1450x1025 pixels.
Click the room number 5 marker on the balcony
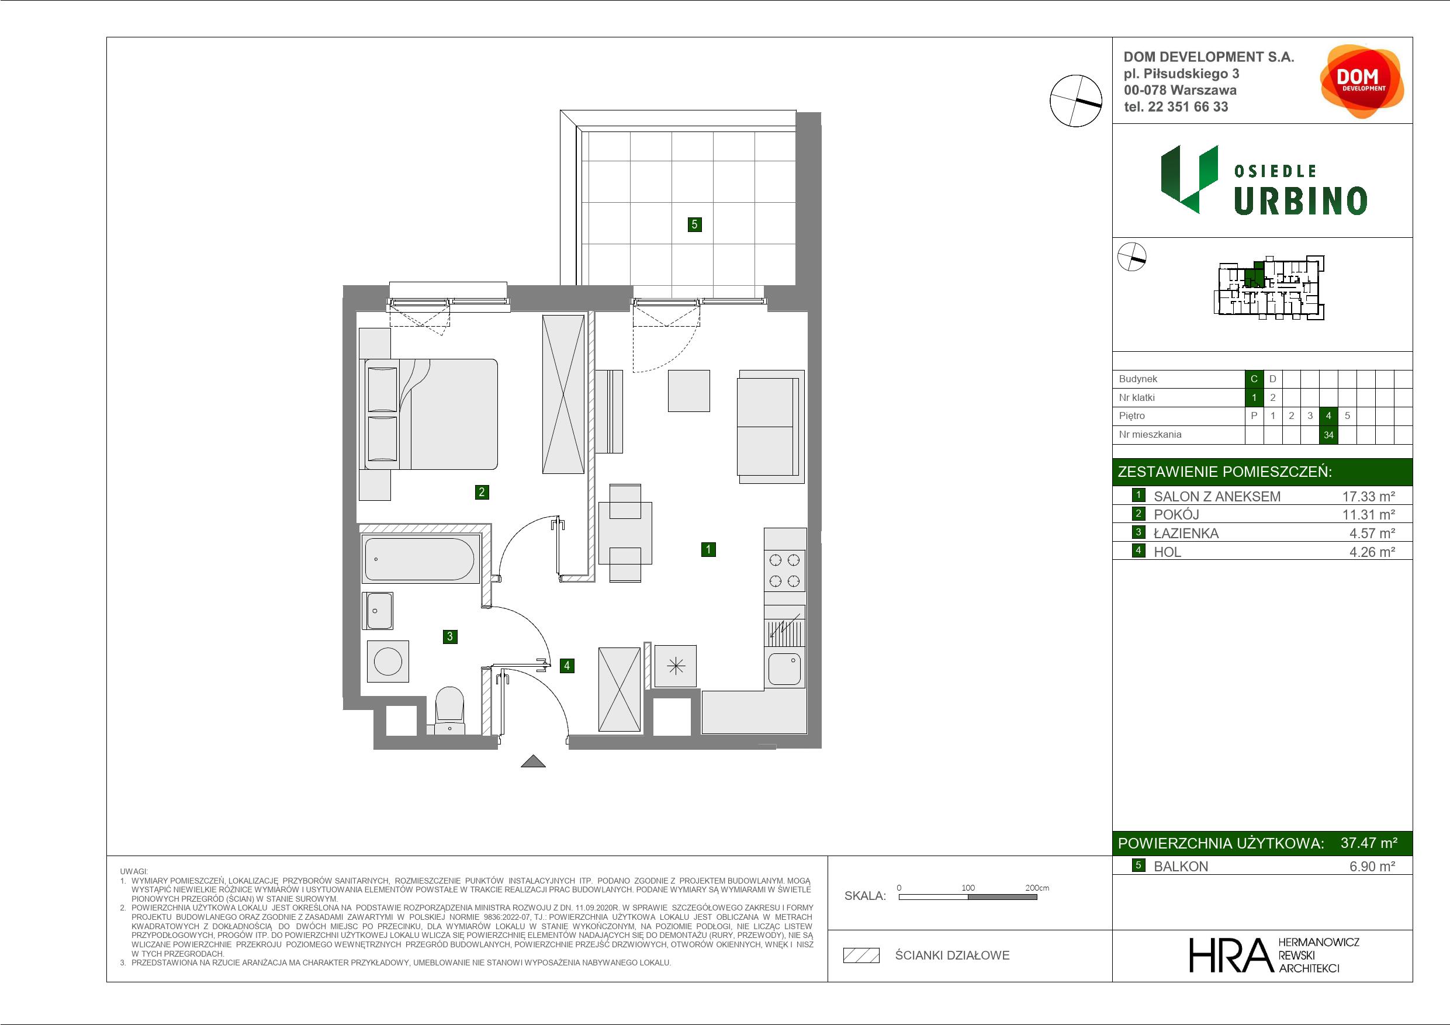click(x=694, y=224)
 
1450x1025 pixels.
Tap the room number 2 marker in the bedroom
click(x=482, y=492)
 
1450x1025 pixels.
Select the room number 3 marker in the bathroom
click(x=449, y=636)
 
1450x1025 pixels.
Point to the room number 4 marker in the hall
click(x=567, y=665)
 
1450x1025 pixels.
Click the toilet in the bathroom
click(x=449, y=711)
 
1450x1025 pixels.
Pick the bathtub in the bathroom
click(x=418, y=559)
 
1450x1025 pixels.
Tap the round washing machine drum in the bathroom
click(x=387, y=662)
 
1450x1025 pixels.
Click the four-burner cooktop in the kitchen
click(x=784, y=570)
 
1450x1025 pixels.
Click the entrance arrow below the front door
click(x=533, y=761)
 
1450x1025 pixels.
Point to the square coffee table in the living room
click(x=689, y=391)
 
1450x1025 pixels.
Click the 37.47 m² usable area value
click(x=1369, y=843)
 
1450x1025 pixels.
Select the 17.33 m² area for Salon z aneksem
click(x=1369, y=496)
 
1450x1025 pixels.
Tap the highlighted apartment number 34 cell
click(x=1329, y=435)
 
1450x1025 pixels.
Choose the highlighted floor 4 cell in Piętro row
click(x=1329, y=415)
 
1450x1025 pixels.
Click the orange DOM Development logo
click(x=1362, y=81)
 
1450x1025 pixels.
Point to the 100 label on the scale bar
click(x=968, y=887)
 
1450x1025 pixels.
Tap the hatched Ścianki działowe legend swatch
click(x=861, y=955)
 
